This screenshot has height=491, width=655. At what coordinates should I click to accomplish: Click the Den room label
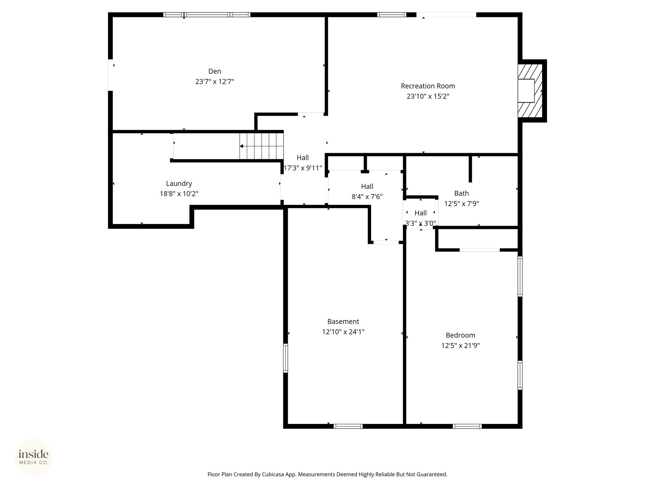coord(215,71)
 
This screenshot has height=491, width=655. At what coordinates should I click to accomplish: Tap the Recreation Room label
coord(428,86)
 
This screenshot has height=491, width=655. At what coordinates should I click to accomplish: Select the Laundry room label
coord(179,184)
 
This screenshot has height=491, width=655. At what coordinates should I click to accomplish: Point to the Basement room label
coord(343,322)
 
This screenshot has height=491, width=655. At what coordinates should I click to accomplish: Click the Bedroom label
coord(461,335)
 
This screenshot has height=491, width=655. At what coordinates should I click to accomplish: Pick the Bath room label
coord(462,193)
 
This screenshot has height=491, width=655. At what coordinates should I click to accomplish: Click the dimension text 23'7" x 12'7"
coord(215,82)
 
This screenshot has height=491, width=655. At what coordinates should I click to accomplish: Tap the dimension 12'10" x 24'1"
coord(343,332)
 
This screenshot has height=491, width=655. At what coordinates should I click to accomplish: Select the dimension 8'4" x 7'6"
coord(367,197)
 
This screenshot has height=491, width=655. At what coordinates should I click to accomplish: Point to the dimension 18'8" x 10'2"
coord(179,194)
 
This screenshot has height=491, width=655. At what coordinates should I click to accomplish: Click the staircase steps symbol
coord(262,146)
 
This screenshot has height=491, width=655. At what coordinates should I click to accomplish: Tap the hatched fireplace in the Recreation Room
coord(530,91)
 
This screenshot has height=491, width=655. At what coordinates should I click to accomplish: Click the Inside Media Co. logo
coord(34,457)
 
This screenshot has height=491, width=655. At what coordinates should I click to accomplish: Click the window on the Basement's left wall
coord(286,358)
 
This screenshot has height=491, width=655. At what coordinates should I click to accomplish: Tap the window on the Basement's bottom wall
coord(348,426)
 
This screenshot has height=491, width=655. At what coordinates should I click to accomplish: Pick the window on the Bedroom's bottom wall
coord(467,426)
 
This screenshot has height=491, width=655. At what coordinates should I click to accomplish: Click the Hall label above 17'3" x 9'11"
coord(303,158)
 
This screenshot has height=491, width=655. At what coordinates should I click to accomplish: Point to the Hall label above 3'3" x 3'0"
coord(421,213)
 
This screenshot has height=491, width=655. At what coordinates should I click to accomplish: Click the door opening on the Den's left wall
coord(110,75)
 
